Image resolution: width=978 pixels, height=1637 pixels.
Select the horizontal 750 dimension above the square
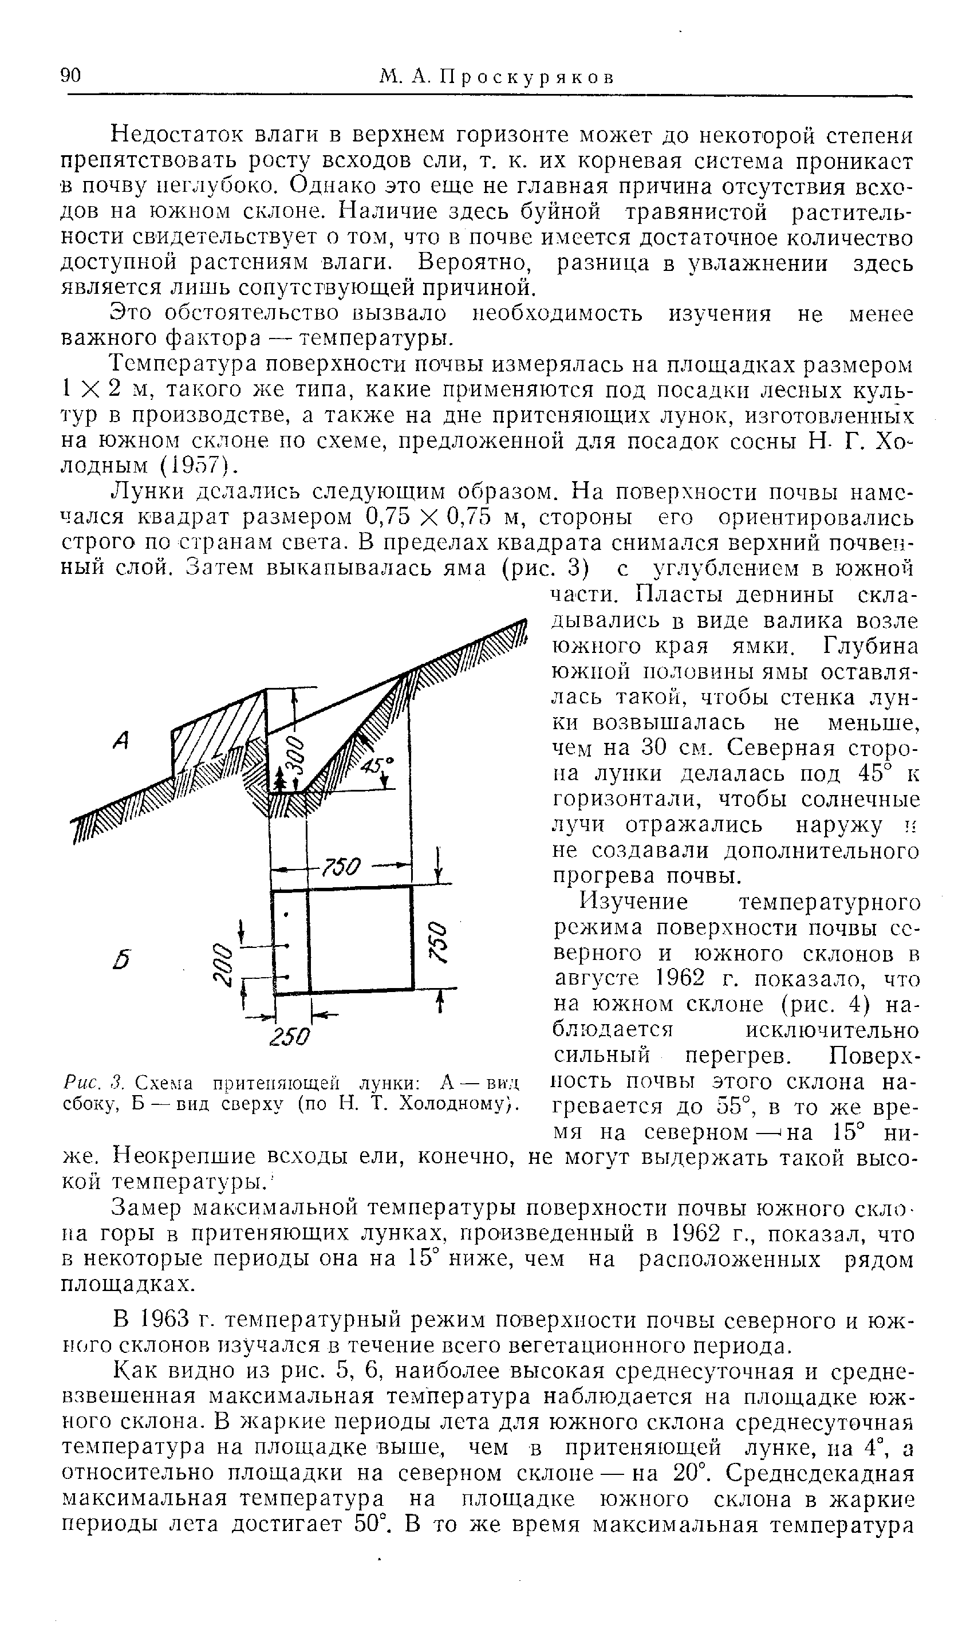(342, 866)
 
